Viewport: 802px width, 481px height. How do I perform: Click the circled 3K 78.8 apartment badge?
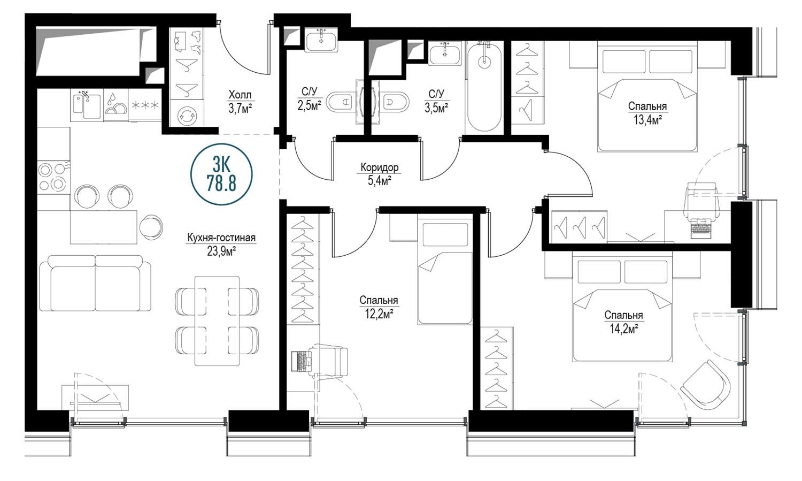222,174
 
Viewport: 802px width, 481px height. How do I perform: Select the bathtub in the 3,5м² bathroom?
484,87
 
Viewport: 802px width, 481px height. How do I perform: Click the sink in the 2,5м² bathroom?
321,41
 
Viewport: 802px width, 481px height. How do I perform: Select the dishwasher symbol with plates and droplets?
115,105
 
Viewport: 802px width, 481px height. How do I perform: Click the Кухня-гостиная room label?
221,238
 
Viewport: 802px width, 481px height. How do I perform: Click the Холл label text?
240,95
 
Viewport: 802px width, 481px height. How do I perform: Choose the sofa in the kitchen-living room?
95,283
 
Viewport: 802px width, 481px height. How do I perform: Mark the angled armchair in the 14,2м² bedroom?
705,385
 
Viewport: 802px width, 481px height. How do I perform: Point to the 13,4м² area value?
647,120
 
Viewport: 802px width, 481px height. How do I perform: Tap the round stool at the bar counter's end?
151,227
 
